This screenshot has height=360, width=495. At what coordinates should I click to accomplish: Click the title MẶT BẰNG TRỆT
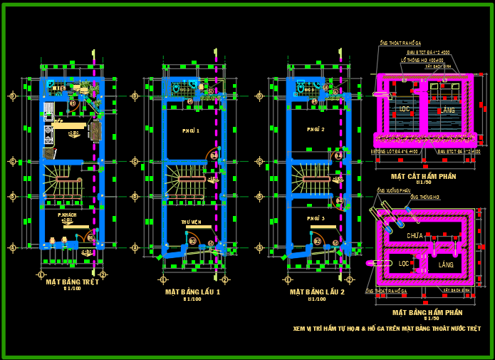[x=72, y=282]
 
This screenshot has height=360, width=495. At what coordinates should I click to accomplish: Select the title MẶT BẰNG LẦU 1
[x=193, y=292]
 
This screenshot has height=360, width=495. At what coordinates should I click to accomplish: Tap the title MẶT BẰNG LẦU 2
[x=317, y=292]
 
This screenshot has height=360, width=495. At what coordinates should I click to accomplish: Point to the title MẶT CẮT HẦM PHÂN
[x=423, y=175]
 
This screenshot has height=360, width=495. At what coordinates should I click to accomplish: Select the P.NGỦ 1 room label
[x=191, y=131]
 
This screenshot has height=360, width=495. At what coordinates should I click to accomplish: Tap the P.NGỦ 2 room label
[x=316, y=130]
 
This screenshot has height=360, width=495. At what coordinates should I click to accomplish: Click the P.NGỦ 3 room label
[x=316, y=218]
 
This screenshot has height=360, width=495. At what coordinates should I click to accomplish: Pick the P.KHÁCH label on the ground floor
[x=68, y=214]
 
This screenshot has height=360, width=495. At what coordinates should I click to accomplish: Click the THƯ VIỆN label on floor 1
[x=191, y=222]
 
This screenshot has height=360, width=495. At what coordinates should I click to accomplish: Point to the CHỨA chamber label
[x=415, y=235]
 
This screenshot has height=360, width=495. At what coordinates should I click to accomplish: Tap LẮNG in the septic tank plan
[x=446, y=264]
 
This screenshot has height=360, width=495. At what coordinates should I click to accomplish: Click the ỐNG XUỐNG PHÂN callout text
[x=393, y=191]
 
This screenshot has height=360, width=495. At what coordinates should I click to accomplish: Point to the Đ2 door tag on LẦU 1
[x=192, y=241]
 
